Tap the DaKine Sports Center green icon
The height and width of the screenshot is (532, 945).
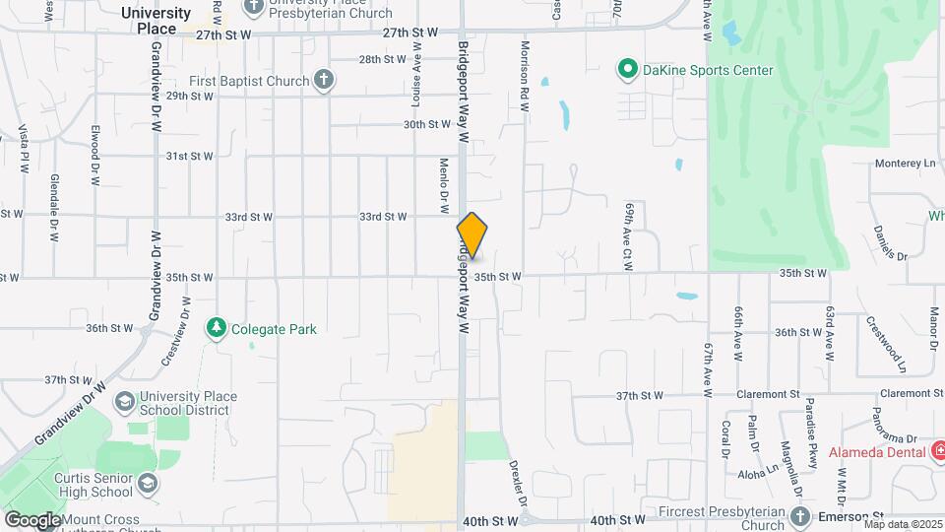pyautogui.click(x=626, y=69)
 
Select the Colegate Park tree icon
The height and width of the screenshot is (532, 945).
pyautogui.click(x=217, y=328)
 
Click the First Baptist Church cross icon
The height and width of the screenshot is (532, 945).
pyautogui.click(x=324, y=81)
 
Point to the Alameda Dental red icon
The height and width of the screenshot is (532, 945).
pyautogui.click(x=941, y=451)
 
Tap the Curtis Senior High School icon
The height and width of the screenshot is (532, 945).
pyautogui.click(x=147, y=484)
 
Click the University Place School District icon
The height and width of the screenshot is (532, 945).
pyautogui.click(x=125, y=402)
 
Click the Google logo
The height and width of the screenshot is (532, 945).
pyautogui.click(x=31, y=520)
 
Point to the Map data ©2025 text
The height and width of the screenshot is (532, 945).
pyautogui.click(x=902, y=524)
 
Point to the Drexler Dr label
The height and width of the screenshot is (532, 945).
pyautogui.click(x=515, y=478)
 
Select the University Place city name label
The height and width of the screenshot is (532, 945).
pyautogui.click(x=157, y=21)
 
